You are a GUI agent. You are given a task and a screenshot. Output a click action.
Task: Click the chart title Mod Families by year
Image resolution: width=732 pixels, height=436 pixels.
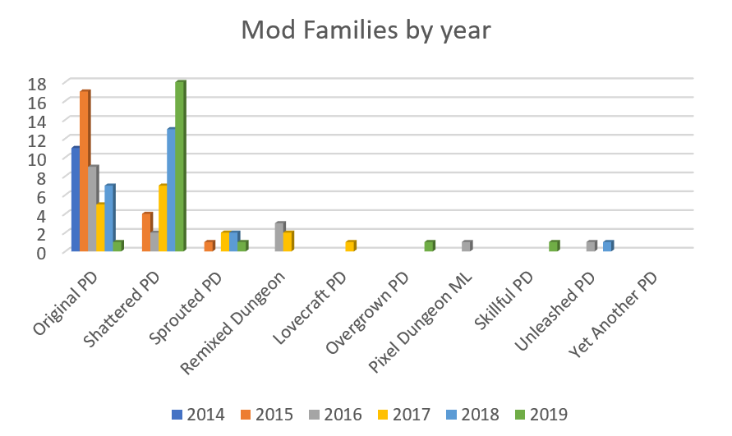[x=366, y=30]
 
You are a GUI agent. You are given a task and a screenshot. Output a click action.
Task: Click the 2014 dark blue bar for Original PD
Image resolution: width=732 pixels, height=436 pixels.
[x=76, y=199]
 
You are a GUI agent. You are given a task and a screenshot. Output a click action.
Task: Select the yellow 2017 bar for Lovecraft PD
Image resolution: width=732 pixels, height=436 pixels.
[x=350, y=246]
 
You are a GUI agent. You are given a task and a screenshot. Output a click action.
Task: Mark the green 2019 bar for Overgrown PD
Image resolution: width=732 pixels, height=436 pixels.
[x=429, y=246]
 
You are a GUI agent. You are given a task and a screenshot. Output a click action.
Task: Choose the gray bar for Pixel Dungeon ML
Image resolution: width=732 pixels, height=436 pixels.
[x=467, y=246]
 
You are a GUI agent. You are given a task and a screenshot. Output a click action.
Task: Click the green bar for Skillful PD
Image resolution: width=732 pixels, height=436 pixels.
[x=554, y=246]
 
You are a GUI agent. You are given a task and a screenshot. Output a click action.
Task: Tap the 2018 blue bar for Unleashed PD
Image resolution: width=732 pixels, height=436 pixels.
[x=608, y=246]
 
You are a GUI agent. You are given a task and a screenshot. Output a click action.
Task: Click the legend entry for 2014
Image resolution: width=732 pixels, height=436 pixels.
[x=198, y=415]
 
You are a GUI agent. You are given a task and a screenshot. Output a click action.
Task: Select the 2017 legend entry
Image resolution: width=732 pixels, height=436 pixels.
[x=403, y=415]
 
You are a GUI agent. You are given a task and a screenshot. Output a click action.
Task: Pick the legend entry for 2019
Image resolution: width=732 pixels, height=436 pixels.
[x=539, y=415]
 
